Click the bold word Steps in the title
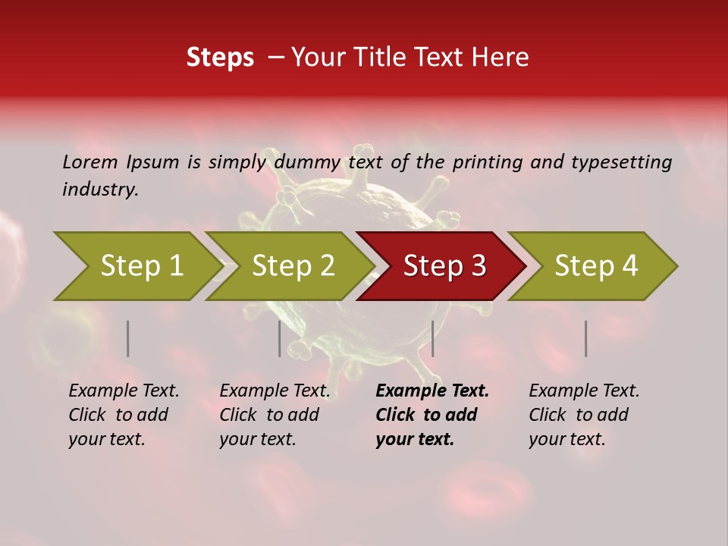(x=220, y=58)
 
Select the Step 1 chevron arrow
(x=136, y=266)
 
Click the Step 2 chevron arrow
(x=289, y=266)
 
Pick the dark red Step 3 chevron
(x=441, y=266)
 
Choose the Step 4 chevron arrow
(x=592, y=266)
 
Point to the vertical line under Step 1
(x=128, y=338)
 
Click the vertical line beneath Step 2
(x=280, y=338)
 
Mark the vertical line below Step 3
(x=432, y=338)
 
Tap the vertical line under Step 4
(x=585, y=338)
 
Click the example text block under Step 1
(x=123, y=415)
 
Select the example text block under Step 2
(x=274, y=415)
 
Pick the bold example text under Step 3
(x=431, y=415)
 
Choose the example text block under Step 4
(x=583, y=415)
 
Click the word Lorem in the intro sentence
(x=89, y=162)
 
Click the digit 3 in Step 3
(x=478, y=266)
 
